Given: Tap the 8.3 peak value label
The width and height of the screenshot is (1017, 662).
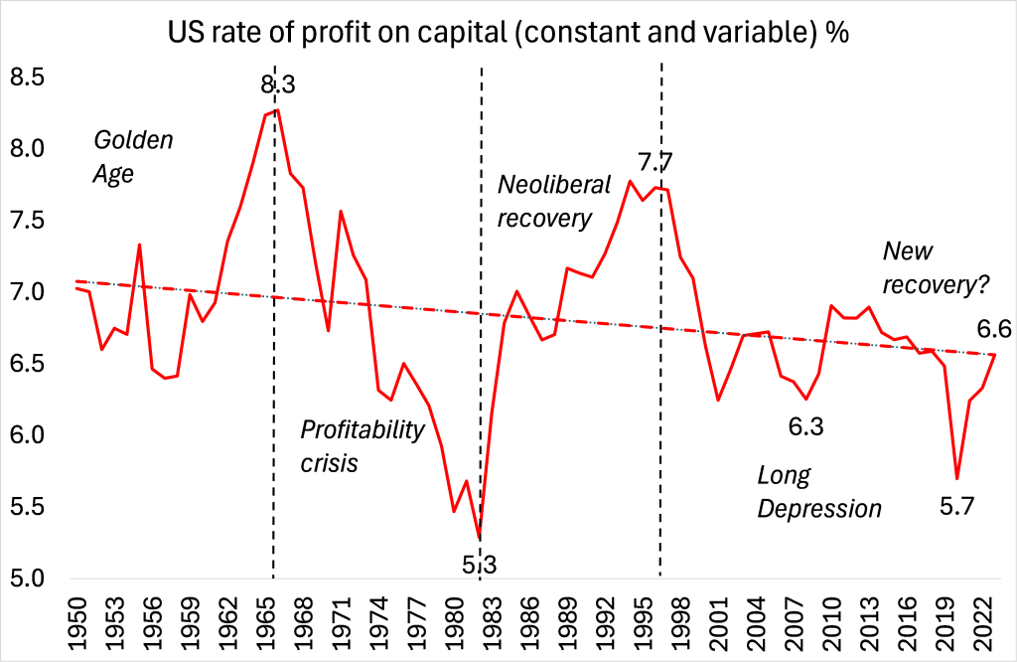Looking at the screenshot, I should [x=278, y=86].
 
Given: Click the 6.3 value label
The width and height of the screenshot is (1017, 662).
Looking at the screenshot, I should [x=807, y=427].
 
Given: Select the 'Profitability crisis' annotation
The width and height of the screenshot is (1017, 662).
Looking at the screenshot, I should [x=363, y=446].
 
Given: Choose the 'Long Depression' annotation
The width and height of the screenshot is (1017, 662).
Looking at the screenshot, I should [x=819, y=492].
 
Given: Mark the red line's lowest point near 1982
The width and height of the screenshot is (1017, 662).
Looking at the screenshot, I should [x=480, y=539].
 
